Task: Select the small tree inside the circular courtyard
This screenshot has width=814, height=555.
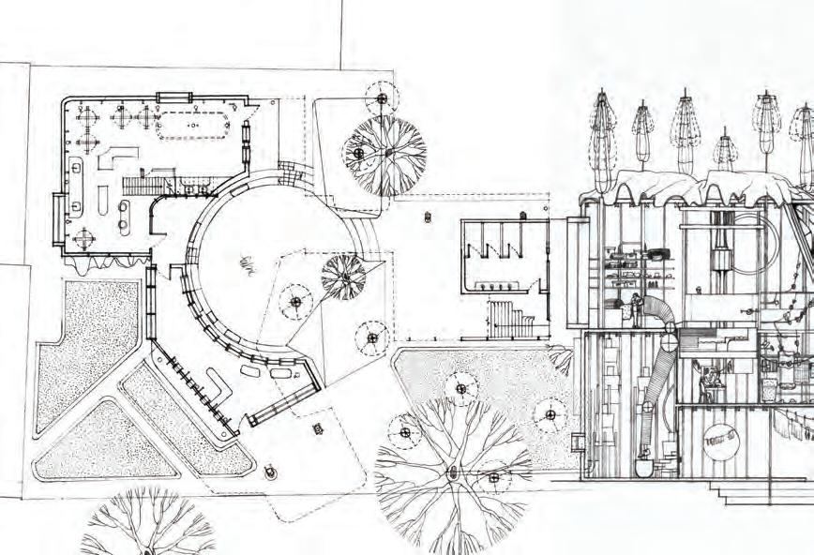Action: point(342,276)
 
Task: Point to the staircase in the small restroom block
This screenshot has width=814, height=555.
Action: point(507,320)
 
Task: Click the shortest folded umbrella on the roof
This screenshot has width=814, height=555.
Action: point(725,150)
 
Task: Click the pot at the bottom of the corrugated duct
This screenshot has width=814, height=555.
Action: point(645,465)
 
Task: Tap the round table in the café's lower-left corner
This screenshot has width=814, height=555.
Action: point(84,237)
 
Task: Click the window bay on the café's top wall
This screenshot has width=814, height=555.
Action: point(173,97)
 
